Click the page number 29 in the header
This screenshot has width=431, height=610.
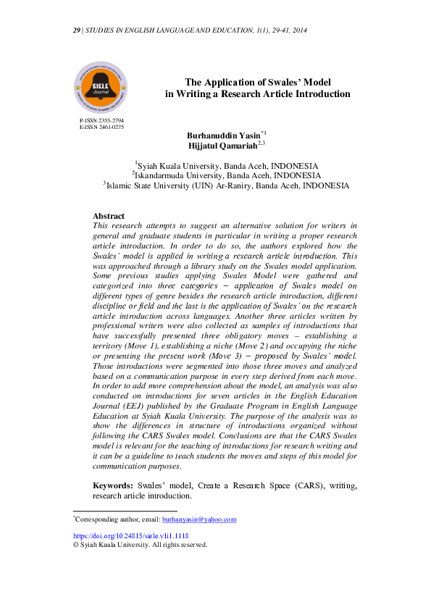coord(77,30)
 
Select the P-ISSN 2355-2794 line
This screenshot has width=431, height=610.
coord(101,120)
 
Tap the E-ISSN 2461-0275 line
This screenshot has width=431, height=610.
coord(101,127)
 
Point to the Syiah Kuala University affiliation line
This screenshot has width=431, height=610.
coord(227,165)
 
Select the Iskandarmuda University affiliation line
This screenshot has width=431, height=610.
coord(227,175)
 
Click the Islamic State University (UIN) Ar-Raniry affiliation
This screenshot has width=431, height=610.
coord(227,185)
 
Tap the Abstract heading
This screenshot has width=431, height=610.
coord(109,216)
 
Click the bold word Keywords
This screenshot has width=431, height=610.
coord(112,485)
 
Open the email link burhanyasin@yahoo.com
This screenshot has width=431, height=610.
coord(199,519)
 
